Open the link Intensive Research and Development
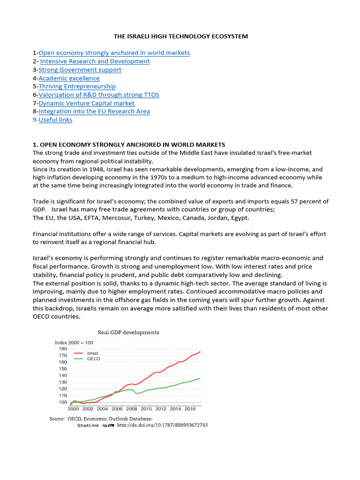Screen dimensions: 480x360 [95, 61]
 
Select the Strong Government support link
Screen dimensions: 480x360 [80, 70]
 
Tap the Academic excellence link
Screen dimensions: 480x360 [69, 78]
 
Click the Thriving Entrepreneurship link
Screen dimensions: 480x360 [77, 86]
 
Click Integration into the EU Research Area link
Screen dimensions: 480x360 [94, 111]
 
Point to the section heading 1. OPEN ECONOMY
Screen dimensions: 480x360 [129, 144]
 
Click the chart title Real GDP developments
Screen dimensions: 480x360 [128, 332]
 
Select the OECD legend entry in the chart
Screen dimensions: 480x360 [94, 359]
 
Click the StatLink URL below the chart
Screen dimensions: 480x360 [162, 425]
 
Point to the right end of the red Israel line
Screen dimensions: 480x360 [200, 351]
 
